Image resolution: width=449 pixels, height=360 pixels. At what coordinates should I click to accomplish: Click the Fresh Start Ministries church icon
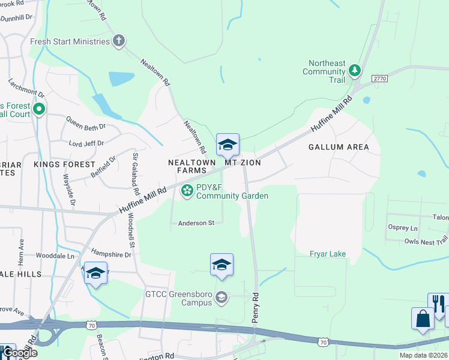point(119,41)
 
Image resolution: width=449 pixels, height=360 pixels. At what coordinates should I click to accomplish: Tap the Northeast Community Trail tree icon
point(355,71)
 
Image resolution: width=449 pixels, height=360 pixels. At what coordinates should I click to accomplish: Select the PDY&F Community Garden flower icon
point(187,191)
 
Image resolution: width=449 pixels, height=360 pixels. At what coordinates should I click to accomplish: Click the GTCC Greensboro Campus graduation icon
point(221,297)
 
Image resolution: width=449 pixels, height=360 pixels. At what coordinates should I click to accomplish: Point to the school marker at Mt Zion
point(228,145)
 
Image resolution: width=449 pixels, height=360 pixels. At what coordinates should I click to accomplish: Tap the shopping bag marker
point(423,319)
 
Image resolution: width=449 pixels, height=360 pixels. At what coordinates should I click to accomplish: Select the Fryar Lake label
point(328,254)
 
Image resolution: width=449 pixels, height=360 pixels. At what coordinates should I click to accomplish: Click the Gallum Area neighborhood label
point(338,147)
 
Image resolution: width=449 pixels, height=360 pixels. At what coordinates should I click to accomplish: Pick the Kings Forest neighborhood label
point(64,164)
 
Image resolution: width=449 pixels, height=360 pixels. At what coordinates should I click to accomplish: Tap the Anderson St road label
point(196,223)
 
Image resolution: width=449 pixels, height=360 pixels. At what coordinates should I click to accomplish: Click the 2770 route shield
point(379,79)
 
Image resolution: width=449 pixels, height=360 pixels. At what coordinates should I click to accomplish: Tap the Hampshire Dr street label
point(110,253)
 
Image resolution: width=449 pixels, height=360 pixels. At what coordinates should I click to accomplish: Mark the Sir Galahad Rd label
point(136,175)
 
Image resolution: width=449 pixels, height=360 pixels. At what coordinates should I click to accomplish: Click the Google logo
point(19,353)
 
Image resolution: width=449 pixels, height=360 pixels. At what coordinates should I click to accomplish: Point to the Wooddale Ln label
point(55,255)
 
